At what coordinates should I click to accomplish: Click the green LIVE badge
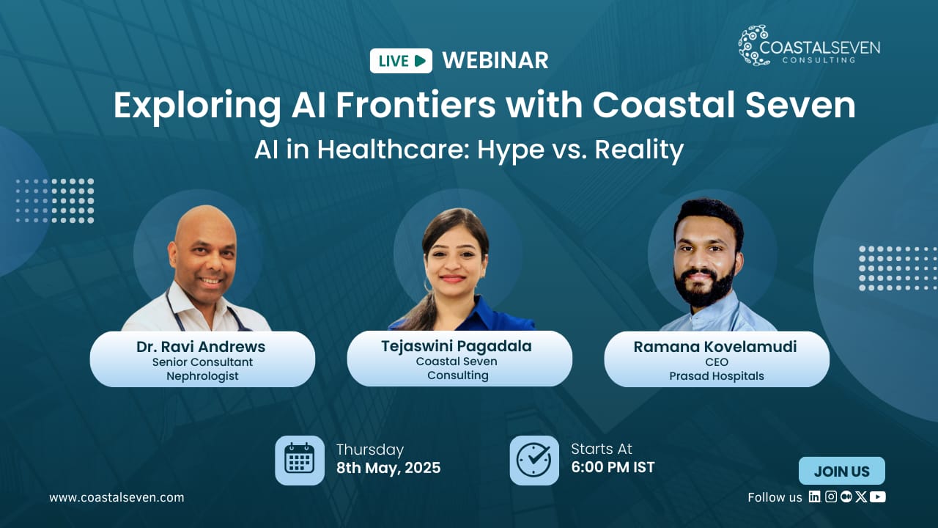[x=401, y=61]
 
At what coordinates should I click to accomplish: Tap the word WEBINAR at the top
[x=495, y=61]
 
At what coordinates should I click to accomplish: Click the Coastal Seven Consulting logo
[x=809, y=45]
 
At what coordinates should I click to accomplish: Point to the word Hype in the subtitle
[x=511, y=150]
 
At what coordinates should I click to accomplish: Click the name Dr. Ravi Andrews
[x=201, y=347]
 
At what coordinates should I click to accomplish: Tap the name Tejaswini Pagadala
[x=457, y=346]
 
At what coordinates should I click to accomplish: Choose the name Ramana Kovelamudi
[x=715, y=347]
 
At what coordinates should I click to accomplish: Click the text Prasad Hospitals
[x=717, y=376]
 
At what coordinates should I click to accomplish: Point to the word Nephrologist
[x=202, y=376]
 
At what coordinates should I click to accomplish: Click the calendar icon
[x=300, y=460]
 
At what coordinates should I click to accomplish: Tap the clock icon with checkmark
[x=534, y=460]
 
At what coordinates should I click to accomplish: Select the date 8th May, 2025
[x=388, y=468]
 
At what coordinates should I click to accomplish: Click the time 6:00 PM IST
[x=613, y=467]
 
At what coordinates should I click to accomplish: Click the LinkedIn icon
[x=814, y=496]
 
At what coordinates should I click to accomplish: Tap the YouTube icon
[x=878, y=496]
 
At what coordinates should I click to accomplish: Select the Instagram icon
[x=831, y=496]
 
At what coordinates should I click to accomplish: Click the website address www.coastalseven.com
[x=117, y=497]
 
